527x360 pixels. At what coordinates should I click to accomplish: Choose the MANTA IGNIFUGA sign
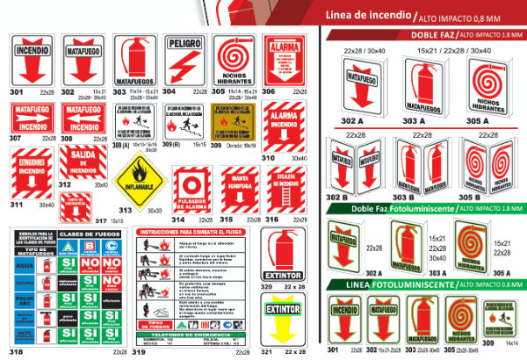click(x=239, y=191)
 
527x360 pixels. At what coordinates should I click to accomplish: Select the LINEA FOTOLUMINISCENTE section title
click(x=383, y=285)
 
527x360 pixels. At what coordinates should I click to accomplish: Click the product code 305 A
click(x=478, y=119)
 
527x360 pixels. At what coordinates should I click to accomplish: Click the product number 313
click(x=126, y=211)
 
